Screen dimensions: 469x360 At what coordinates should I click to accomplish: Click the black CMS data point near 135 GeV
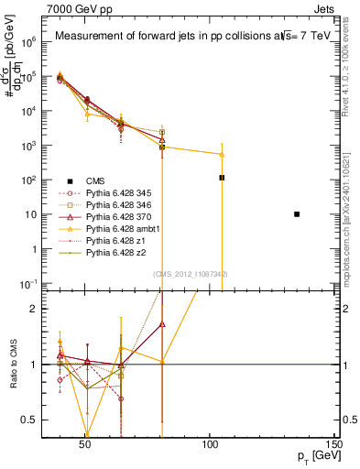click(297, 214)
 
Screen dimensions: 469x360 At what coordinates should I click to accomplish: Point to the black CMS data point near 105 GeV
click(222, 178)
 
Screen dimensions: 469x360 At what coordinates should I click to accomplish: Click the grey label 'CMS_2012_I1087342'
click(191, 274)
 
